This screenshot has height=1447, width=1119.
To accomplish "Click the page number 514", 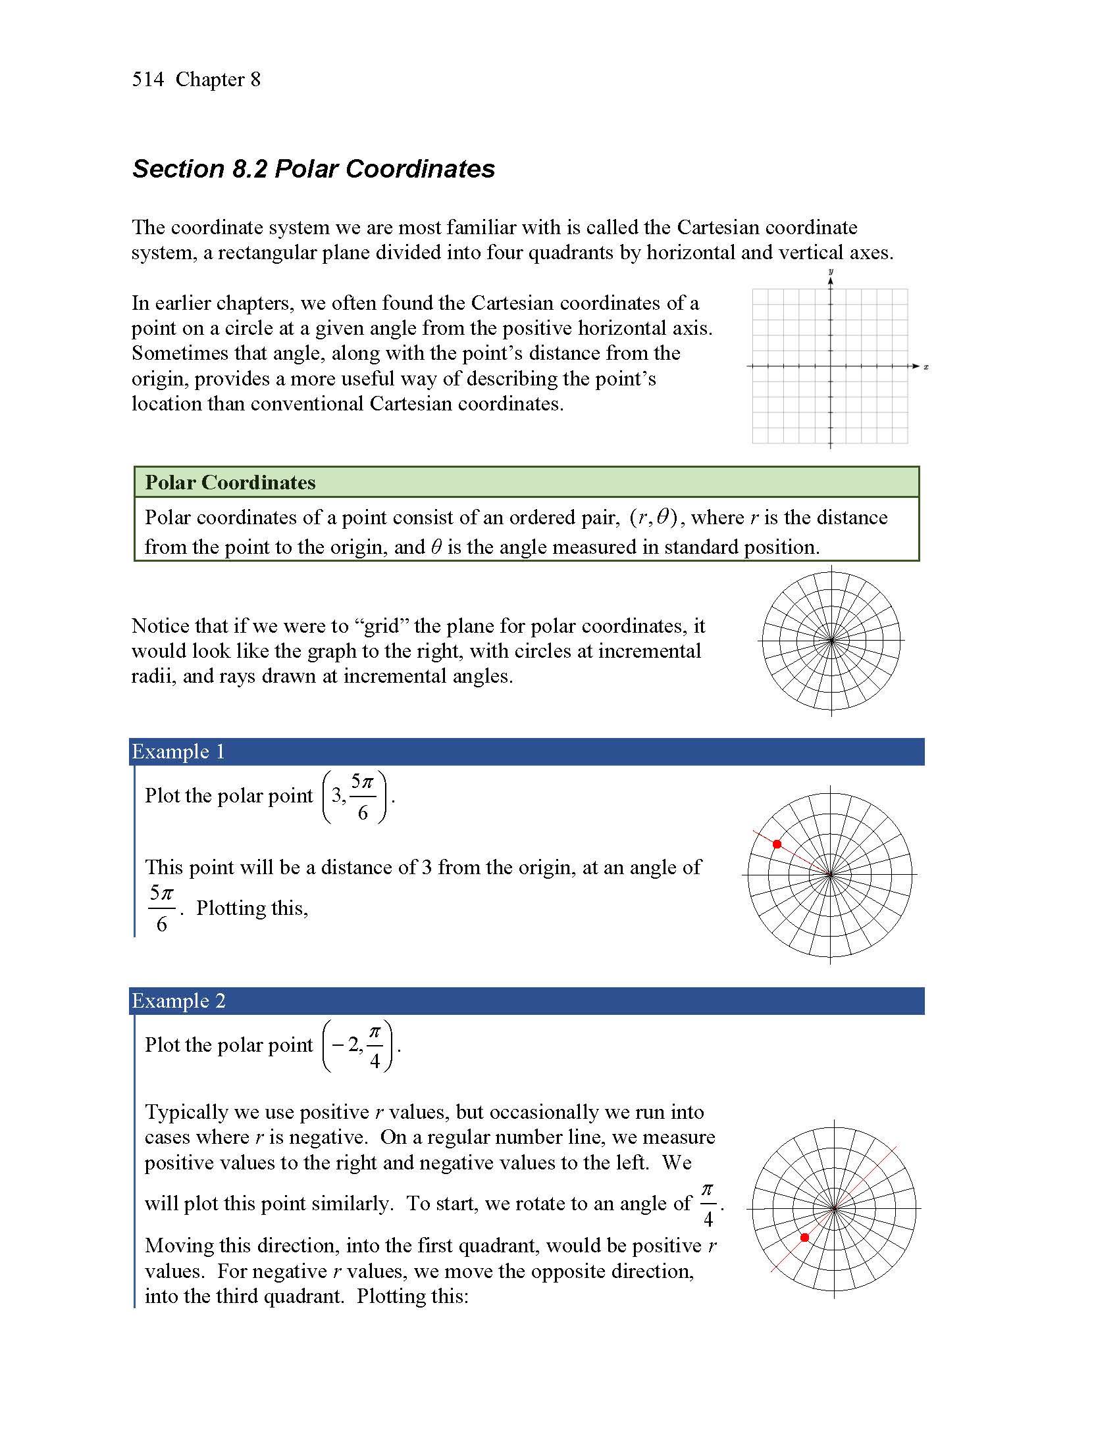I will coord(148,80).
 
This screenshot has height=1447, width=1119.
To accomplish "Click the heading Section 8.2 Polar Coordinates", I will coord(313,169).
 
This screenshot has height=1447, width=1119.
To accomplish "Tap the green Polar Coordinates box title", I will coord(230,482).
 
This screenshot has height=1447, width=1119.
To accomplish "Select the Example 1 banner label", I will coord(178,752).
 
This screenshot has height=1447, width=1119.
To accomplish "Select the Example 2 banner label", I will coord(178,1001).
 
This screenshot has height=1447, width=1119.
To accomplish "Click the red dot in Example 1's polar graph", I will coord(777,844).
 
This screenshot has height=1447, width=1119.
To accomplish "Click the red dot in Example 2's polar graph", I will coord(805,1238).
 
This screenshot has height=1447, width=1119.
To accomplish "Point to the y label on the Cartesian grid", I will coord(831,272).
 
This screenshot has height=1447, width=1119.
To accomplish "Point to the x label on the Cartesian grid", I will coord(926,367).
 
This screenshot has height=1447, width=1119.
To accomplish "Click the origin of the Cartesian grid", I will coord(831,366).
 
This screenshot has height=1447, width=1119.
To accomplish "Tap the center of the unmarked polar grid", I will coord(832,641).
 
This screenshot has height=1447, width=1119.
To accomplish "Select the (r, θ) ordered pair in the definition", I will coord(653,518).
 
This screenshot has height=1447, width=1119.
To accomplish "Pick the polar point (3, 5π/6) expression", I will coord(355,797).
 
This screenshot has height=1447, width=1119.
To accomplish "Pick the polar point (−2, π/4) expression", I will coord(358,1046).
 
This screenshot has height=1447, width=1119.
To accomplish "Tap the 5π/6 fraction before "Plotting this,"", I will coord(162,908).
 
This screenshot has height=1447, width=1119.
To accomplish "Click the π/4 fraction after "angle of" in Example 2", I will coord(708,1204).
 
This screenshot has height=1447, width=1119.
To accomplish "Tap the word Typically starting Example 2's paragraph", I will coord(192,1112).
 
